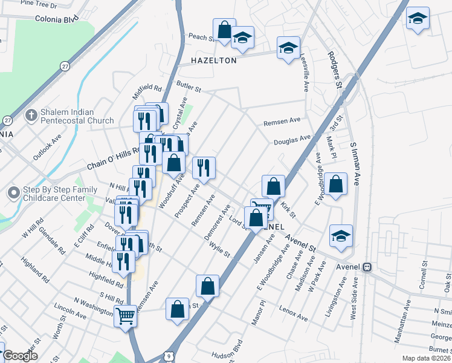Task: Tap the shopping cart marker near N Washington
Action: coord(125,315)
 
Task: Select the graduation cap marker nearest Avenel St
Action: coord(341,237)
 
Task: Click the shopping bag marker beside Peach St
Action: coord(224,30)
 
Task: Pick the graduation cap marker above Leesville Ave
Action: coord(288,48)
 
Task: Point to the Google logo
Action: coord(20,356)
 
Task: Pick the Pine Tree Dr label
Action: coord(37,5)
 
